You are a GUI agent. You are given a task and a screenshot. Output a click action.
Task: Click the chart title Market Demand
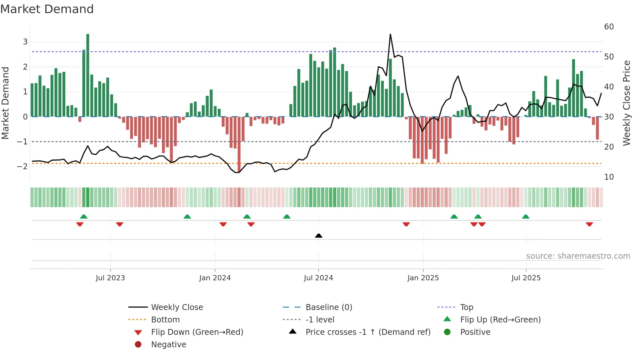point(47,9)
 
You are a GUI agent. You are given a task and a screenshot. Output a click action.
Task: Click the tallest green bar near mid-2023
point(88,75)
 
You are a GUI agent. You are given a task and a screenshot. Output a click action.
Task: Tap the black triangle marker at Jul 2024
point(319,236)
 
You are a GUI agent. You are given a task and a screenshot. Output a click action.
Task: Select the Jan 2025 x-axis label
point(423,278)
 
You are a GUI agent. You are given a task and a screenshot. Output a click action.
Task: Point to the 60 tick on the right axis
point(609,27)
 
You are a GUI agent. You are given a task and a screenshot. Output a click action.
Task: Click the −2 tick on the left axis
point(22,167)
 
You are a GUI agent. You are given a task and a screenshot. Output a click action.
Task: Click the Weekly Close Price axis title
point(626,103)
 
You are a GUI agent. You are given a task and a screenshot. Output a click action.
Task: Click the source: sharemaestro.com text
point(578,256)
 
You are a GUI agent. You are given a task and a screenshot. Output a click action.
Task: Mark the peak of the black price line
point(390,35)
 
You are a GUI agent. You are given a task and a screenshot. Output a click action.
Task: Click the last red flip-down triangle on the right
point(589,224)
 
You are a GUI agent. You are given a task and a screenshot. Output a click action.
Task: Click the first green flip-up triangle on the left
point(84,217)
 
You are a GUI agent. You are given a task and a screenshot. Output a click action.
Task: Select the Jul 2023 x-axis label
point(110,278)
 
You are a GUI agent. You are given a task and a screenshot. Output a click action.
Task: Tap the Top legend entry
point(466,307)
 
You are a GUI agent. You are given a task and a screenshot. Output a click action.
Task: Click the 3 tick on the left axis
point(25,42)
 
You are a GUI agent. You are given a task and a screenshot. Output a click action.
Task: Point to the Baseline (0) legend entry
point(328,307)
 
